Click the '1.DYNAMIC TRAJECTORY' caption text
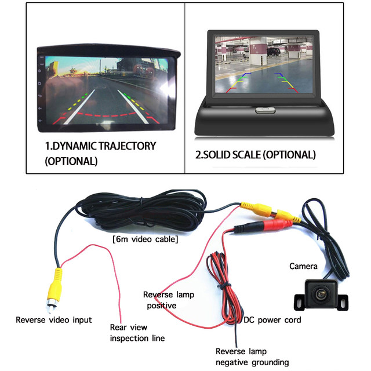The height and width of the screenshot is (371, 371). click(100, 146)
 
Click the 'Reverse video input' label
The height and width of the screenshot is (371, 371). click(53, 319)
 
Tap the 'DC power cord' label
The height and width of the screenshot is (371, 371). click(273, 319)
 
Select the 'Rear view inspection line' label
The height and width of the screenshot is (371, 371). click(137, 332)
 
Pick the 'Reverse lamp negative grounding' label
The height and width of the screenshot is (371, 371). click(252, 357)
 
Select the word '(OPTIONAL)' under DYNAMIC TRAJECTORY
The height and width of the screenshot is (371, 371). click(71, 161)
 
